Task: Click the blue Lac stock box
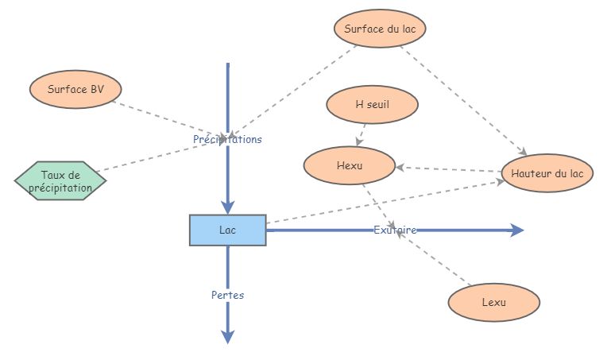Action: (x=227, y=230)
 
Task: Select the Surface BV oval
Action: (x=75, y=90)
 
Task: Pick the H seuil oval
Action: (x=373, y=104)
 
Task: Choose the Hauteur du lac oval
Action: (x=547, y=172)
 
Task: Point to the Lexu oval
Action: (x=493, y=303)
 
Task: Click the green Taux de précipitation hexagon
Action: (x=60, y=181)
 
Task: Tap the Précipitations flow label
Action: (x=227, y=139)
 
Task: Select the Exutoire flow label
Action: (x=395, y=230)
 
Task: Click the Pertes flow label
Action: (x=227, y=295)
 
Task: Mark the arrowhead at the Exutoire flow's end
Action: (x=517, y=230)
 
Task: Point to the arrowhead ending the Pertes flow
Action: (x=227, y=337)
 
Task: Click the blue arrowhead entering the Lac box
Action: (x=227, y=207)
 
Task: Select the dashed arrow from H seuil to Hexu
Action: (x=362, y=133)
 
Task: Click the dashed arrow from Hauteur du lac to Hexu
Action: (x=449, y=169)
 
